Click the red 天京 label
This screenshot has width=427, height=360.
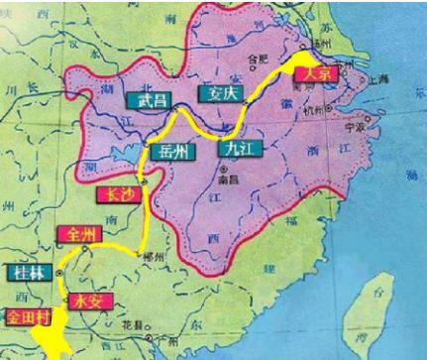tap(316, 73)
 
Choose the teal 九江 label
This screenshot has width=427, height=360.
tap(235, 151)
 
